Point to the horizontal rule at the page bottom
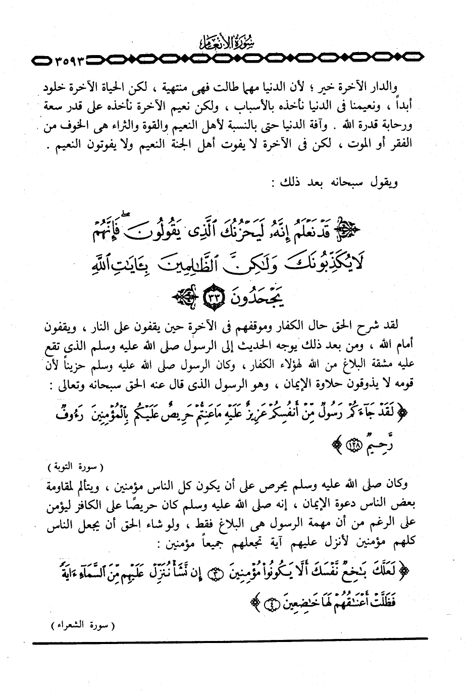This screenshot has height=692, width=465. [x=230, y=644]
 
